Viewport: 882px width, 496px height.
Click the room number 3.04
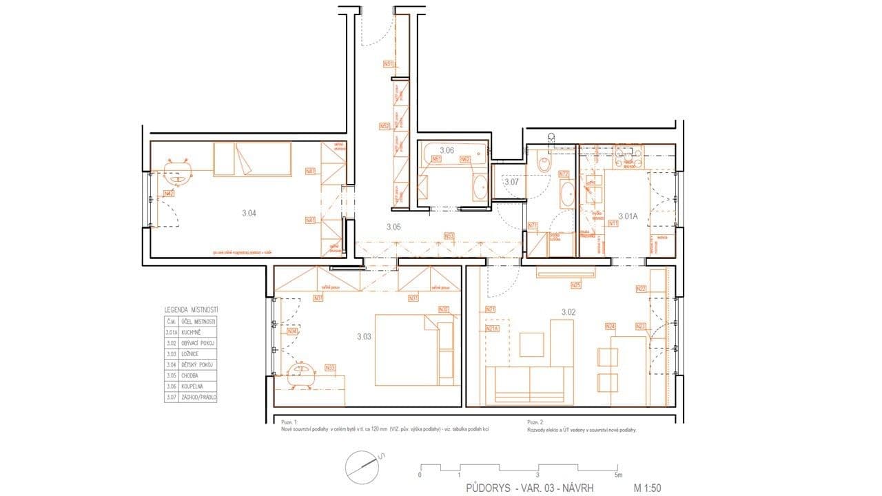tap(249, 214)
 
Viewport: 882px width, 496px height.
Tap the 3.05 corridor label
tap(393, 227)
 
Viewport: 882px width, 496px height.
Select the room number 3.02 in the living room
tap(568, 312)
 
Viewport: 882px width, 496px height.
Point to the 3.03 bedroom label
tap(364, 337)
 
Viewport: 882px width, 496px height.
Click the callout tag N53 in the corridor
tap(449, 236)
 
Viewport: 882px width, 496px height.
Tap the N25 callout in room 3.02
tap(575, 285)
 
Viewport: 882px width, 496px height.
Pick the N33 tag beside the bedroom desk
tap(330, 368)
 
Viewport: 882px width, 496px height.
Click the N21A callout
tap(492, 329)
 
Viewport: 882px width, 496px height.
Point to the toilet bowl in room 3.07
tap(544, 165)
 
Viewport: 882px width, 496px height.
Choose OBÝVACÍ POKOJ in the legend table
tap(198, 343)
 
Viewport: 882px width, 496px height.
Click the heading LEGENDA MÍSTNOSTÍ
tap(191, 311)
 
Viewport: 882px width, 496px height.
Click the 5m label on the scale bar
tap(617, 475)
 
